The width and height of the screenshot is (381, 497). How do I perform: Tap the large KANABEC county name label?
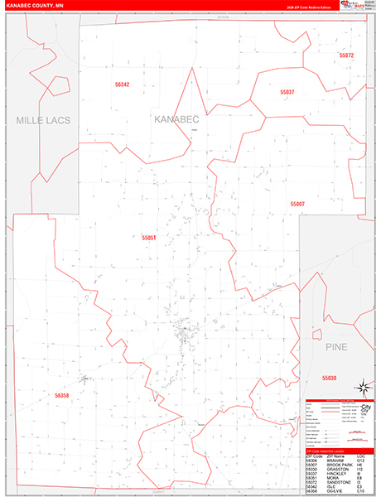[177, 119]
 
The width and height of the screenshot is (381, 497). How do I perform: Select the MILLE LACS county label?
[43, 120]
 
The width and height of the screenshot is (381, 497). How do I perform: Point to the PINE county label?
[335, 345]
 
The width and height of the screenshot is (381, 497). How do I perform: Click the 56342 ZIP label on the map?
[123, 84]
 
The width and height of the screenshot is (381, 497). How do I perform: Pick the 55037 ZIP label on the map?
[287, 92]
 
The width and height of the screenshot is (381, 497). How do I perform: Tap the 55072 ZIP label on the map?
[346, 55]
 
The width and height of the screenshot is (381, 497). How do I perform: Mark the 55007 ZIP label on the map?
[297, 204]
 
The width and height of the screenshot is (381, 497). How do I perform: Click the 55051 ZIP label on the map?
[149, 238]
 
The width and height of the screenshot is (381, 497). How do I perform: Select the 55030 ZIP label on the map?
[329, 378]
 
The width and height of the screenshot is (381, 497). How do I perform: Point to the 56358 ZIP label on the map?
[63, 397]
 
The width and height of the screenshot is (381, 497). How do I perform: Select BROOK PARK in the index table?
[339, 465]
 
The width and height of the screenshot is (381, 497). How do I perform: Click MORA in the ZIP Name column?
[331, 478]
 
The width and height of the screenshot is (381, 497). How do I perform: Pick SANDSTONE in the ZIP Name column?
[338, 482]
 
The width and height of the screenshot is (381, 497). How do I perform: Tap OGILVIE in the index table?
[334, 491]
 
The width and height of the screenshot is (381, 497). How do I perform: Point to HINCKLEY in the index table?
[336, 474]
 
